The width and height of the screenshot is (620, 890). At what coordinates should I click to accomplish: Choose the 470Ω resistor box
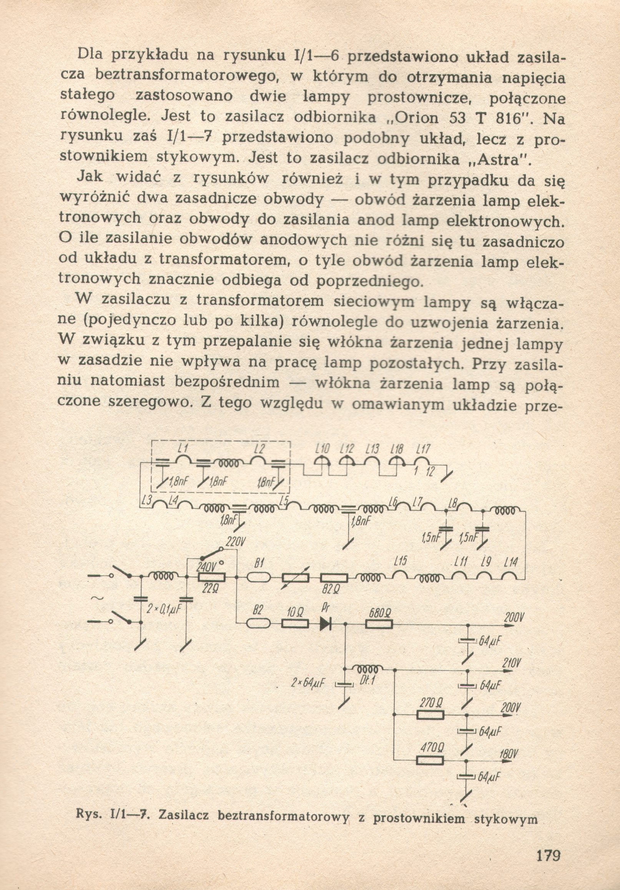(x=430, y=759)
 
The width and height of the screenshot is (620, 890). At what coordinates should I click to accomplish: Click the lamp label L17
(x=423, y=449)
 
